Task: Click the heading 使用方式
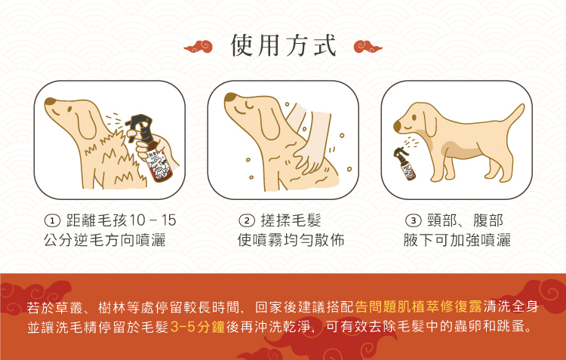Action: tap(283, 46)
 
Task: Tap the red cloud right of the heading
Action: tap(368, 47)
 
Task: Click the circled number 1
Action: tap(52, 220)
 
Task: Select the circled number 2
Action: tap(247, 220)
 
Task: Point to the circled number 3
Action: tap(414, 220)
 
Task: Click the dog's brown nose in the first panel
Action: tap(50, 101)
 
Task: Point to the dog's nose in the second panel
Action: tap(230, 97)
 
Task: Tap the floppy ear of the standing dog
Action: tap(429, 123)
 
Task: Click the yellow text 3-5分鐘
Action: tap(198, 327)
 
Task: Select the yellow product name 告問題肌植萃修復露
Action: tap(418, 306)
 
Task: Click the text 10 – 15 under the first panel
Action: tap(152, 220)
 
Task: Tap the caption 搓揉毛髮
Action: tap(291, 220)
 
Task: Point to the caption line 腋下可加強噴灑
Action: tap(457, 240)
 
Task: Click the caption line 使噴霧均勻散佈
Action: tap(291, 240)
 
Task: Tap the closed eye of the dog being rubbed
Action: tap(250, 105)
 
